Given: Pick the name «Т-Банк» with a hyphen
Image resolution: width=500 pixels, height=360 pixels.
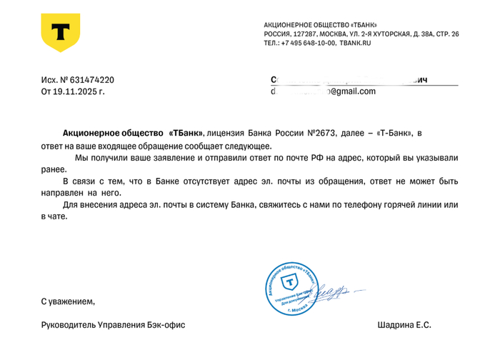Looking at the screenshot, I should click(392, 133).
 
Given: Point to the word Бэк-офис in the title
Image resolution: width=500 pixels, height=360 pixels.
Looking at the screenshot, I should click(166, 325).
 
